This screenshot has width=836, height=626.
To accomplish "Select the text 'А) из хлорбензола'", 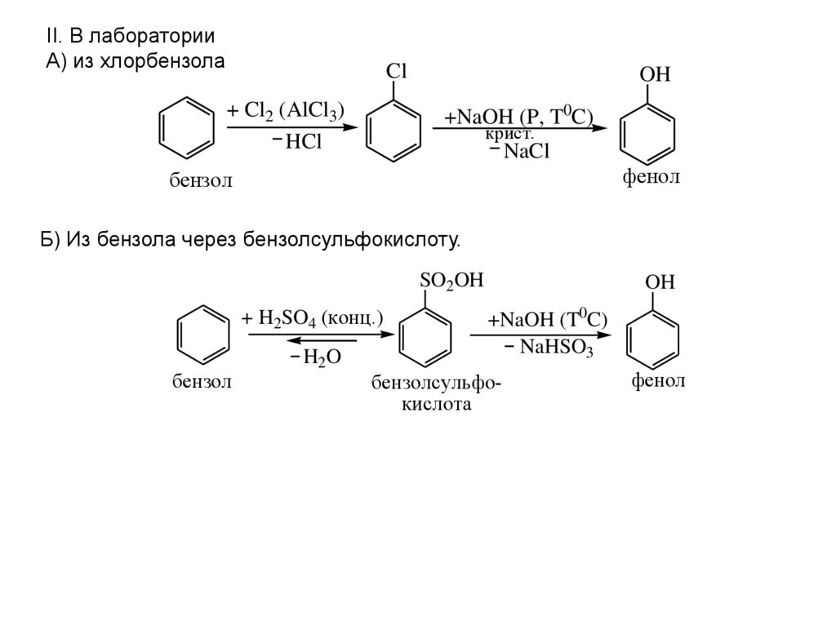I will (x=134, y=61).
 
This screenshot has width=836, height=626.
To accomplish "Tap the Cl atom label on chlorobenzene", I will (x=396, y=71).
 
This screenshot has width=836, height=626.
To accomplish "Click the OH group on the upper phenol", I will (x=654, y=74).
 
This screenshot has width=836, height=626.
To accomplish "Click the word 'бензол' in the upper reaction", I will (x=201, y=180).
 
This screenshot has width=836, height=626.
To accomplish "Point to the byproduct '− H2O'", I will (x=314, y=357).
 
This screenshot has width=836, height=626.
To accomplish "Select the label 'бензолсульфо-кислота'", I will (x=436, y=393).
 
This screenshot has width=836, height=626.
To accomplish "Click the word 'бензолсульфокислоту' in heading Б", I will (x=358, y=240).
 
